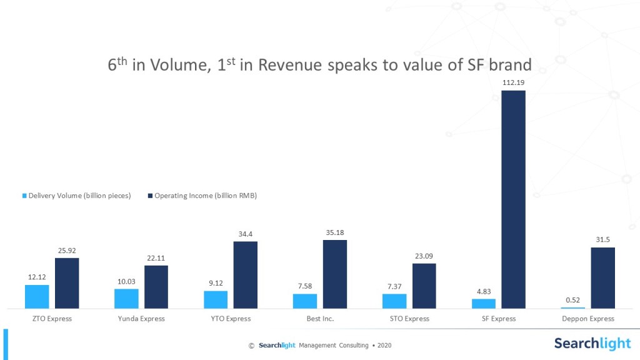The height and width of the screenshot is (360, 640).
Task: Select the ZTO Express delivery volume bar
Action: click(37, 296)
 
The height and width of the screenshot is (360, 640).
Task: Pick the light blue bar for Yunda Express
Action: click(126, 298)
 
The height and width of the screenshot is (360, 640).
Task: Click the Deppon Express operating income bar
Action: click(602, 277)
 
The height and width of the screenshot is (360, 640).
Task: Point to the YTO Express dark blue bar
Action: click(246, 274)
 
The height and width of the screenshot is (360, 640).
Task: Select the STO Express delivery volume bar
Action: click(394, 301)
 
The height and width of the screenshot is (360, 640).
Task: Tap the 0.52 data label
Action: click(573, 300)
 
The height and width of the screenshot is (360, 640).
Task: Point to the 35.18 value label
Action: click(335, 233)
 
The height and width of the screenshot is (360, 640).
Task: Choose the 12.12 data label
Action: click(37, 277)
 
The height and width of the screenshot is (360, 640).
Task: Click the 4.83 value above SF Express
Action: click(484, 291)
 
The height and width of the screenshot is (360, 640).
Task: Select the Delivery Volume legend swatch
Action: click(25, 196)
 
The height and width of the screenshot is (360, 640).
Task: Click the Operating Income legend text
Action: click(206, 196)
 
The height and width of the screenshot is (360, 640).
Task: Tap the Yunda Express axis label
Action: click(141, 319)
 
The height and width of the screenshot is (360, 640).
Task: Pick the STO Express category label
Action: click(409, 319)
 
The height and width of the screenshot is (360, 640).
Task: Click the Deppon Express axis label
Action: click(588, 319)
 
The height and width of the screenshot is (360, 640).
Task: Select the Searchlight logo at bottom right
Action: click(592, 343)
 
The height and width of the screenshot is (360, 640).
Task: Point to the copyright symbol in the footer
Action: click(251, 346)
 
